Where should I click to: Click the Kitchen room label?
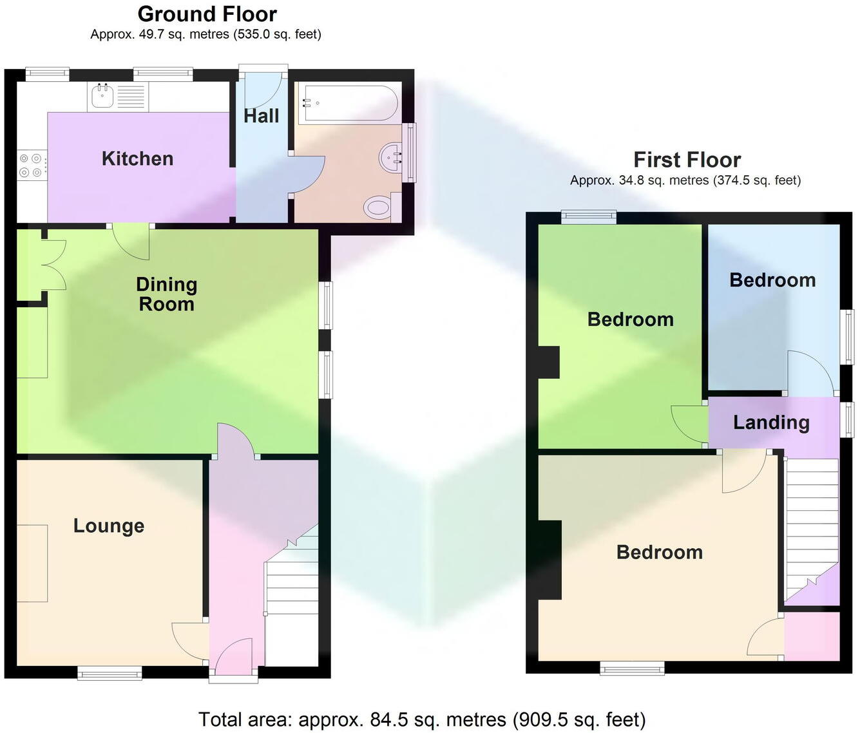coord(137,158)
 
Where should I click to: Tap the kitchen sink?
coord(102,97)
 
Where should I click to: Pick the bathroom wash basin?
coord(390,156)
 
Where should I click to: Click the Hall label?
coord(261,116)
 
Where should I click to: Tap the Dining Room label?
coord(166,294)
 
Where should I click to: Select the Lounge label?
coord(108,526)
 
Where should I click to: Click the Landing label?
coord(771,423)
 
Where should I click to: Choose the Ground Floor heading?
coord(207,14)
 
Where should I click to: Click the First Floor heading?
coord(687,159)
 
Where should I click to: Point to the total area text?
coord(422,719)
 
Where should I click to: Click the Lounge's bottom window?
coord(110,673)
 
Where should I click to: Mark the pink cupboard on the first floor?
coord(812,636)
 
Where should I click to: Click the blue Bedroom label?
coord(772,280)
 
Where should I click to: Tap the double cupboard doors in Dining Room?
coord(53,264)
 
